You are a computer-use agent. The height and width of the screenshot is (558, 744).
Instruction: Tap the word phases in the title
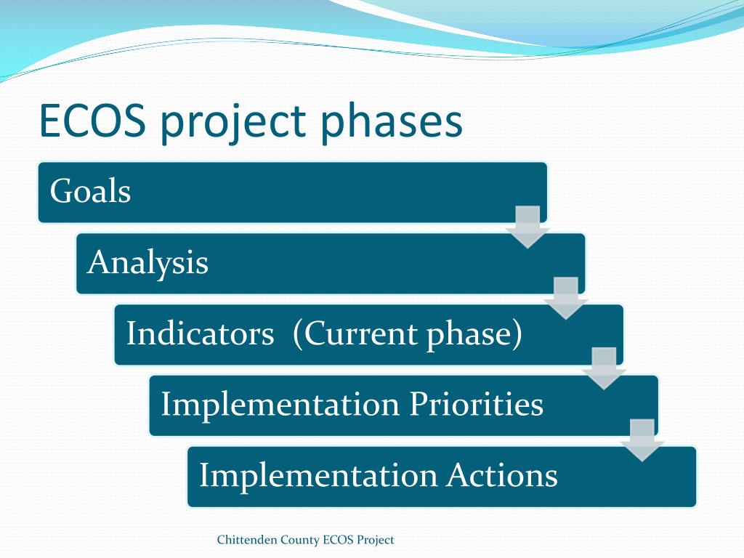[392, 121]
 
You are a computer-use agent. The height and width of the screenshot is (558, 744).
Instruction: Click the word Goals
[90, 191]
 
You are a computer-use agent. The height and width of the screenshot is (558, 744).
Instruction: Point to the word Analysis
[147, 263]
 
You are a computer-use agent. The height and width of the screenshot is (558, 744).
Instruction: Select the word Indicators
[201, 333]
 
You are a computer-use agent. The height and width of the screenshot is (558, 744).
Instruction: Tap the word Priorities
[476, 404]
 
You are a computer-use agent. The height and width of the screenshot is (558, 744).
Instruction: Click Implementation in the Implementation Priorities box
[280, 404]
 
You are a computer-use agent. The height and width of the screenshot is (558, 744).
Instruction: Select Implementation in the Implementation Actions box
[318, 475]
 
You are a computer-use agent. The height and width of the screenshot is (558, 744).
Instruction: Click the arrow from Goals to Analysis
[527, 227]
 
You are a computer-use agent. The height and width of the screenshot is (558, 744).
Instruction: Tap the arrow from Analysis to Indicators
[565, 298]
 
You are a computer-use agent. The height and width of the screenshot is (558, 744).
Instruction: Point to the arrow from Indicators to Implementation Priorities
[604, 368]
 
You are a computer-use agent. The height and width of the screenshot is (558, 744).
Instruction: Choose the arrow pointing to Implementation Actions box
[642, 440]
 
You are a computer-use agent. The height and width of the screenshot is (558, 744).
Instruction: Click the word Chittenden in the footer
[247, 540]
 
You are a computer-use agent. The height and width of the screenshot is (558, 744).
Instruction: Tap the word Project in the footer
[376, 541]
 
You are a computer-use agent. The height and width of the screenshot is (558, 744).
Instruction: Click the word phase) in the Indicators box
[474, 333]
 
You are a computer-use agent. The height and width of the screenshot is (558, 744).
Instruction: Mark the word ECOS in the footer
[338, 540]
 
